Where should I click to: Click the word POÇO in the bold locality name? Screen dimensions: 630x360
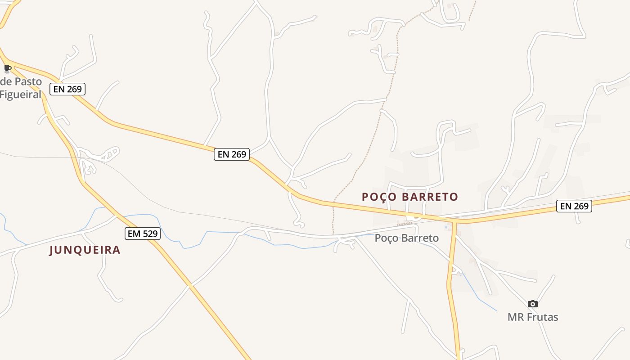378,197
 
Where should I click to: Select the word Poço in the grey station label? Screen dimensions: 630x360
386,238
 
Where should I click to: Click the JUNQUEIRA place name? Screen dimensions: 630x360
85,250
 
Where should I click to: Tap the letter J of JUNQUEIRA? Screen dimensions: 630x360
52,250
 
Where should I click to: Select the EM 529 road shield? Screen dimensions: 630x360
142,234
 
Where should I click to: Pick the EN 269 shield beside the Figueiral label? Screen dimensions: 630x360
67,89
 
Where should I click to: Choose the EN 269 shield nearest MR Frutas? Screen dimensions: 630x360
574,206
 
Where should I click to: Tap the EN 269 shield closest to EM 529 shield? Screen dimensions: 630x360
232,154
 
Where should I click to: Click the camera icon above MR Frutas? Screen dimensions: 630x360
532,304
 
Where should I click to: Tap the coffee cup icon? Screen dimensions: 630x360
7,68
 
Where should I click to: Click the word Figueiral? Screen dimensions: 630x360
21,94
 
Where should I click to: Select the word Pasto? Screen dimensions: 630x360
27,82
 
